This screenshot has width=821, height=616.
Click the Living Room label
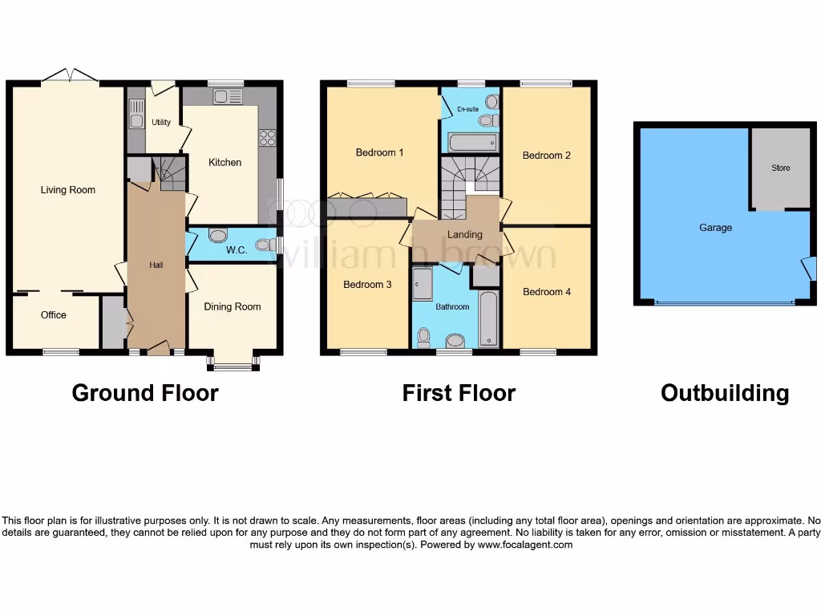coord(68,190)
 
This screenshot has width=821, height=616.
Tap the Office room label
coord(54,315)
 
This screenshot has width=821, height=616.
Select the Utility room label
coord(161,123)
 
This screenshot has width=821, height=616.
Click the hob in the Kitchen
coord(267,137)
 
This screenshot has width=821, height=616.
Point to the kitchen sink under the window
coord(228,97)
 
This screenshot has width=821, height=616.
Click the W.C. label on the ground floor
coord(236,249)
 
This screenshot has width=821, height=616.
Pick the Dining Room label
coord(232,306)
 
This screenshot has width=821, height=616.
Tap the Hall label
coord(156,265)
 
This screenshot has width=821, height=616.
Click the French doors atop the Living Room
coord(71,76)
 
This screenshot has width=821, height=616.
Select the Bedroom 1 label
coord(379,152)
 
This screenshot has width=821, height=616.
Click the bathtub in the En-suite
coord(472,143)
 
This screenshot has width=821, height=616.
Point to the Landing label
coord(465,234)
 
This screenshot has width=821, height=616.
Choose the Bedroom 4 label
coord(547,292)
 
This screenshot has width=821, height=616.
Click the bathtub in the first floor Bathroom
coord(488,318)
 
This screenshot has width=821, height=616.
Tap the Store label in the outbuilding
coord(780,168)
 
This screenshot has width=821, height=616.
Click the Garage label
coord(715,228)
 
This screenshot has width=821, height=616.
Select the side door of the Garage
coord(810,269)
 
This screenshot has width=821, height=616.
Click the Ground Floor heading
coord(145,393)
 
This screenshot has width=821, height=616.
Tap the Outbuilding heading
coord(725,393)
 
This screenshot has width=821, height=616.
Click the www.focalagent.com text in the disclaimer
coord(525,545)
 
